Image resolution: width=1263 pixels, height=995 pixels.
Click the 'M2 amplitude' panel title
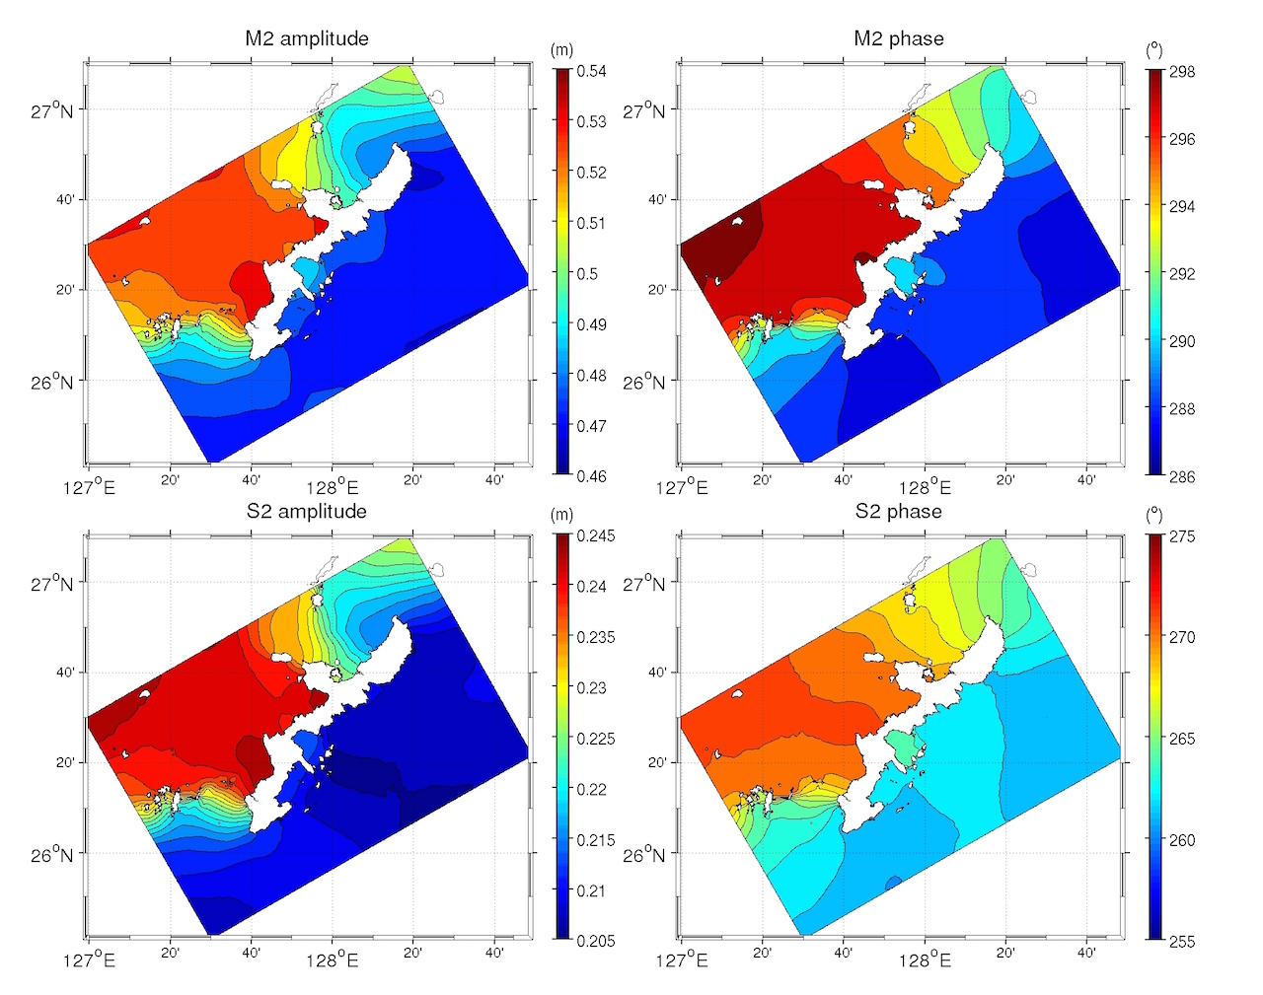[306, 38]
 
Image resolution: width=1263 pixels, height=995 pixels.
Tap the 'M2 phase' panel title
[898, 38]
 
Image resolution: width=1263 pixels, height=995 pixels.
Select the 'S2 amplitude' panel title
[306, 511]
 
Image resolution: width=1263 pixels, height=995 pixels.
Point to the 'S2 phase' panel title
[898, 511]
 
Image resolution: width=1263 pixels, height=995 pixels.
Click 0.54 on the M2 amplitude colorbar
[591, 71]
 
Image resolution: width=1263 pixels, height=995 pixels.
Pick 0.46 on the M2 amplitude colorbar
[591, 476]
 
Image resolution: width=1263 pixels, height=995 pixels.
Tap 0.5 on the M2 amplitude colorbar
[587, 273]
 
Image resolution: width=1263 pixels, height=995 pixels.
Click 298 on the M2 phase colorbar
[1182, 72]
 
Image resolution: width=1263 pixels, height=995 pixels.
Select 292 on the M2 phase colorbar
[1182, 274]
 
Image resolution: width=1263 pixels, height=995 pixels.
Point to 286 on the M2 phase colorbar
[1182, 476]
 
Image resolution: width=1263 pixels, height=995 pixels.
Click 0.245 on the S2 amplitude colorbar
[595, 535]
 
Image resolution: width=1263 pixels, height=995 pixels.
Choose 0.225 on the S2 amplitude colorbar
[595, 739]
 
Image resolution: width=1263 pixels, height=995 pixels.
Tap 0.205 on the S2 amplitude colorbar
[595, 941]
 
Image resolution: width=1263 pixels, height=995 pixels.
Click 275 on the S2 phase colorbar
[1182, 536]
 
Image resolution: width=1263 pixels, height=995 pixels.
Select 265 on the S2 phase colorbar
[1182, 739]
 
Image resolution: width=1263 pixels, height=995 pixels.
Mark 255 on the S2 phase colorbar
[1182, 941]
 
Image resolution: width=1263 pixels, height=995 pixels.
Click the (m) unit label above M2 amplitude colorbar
[560, 50]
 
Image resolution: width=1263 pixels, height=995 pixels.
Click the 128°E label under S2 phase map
[925, 959]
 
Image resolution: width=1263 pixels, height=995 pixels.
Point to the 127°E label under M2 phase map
[682, 486]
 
